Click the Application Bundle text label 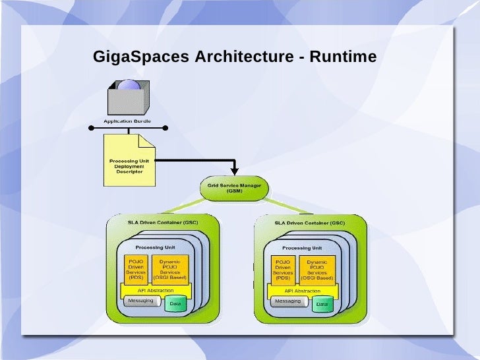pyautogui.click(x=127, y=122)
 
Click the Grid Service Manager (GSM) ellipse pyautogui.click(x=234, y=188)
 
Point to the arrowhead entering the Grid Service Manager pyautogui.click(x=234, y=171)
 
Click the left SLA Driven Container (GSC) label pyautogui.click(x=162, y=223)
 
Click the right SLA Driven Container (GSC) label pyautogui.click(x=309, y=223)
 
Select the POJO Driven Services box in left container pyautogui.click(x=136, y=268)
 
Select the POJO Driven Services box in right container pyautogui.click(x=283, y=268)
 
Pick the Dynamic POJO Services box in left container pyautogui.click(x=169, y=268)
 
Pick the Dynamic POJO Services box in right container pyautogui.click(x=317, y=268)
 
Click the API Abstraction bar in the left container pyautogui.click(x=155, y=290)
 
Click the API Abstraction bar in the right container pyautogui.click(x=303, y=290)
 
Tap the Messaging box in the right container pyautogui.click(x=287, y=301)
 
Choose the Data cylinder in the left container pyautogui.click(x=175, y=304)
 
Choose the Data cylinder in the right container pyautogui.click(x=322, y=304)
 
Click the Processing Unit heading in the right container pyautogui.click(x=303, y=248)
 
